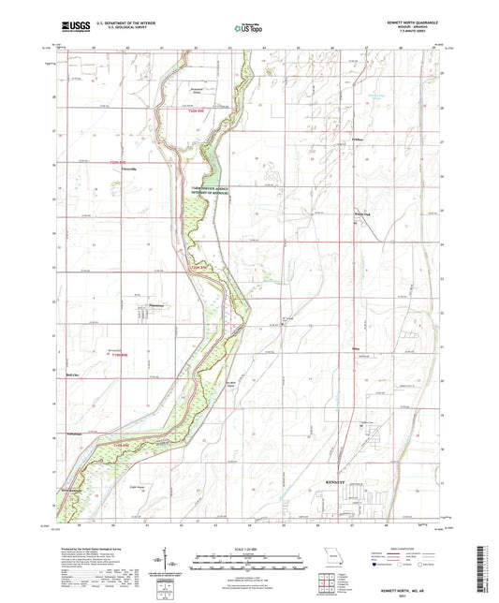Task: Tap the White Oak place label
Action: coord(361,214)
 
